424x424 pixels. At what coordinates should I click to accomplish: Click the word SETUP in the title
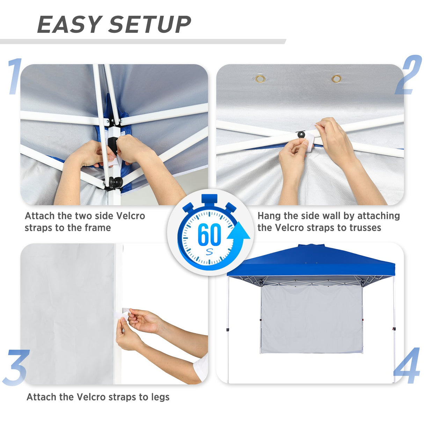coord(150,25)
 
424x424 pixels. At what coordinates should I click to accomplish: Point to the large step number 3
coord(15,367)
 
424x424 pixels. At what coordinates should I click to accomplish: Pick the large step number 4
coord(407,366)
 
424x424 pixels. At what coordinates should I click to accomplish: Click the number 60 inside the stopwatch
coord(209,235)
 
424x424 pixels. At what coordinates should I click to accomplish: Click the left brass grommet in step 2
coord(260,79)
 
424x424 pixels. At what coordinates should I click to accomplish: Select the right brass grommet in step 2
coord(336,79)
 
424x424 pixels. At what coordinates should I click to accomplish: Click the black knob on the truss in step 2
coord(300,134)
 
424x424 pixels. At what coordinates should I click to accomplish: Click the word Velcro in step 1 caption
coord(130,216)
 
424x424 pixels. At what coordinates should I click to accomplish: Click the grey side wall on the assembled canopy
coord(311,318)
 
